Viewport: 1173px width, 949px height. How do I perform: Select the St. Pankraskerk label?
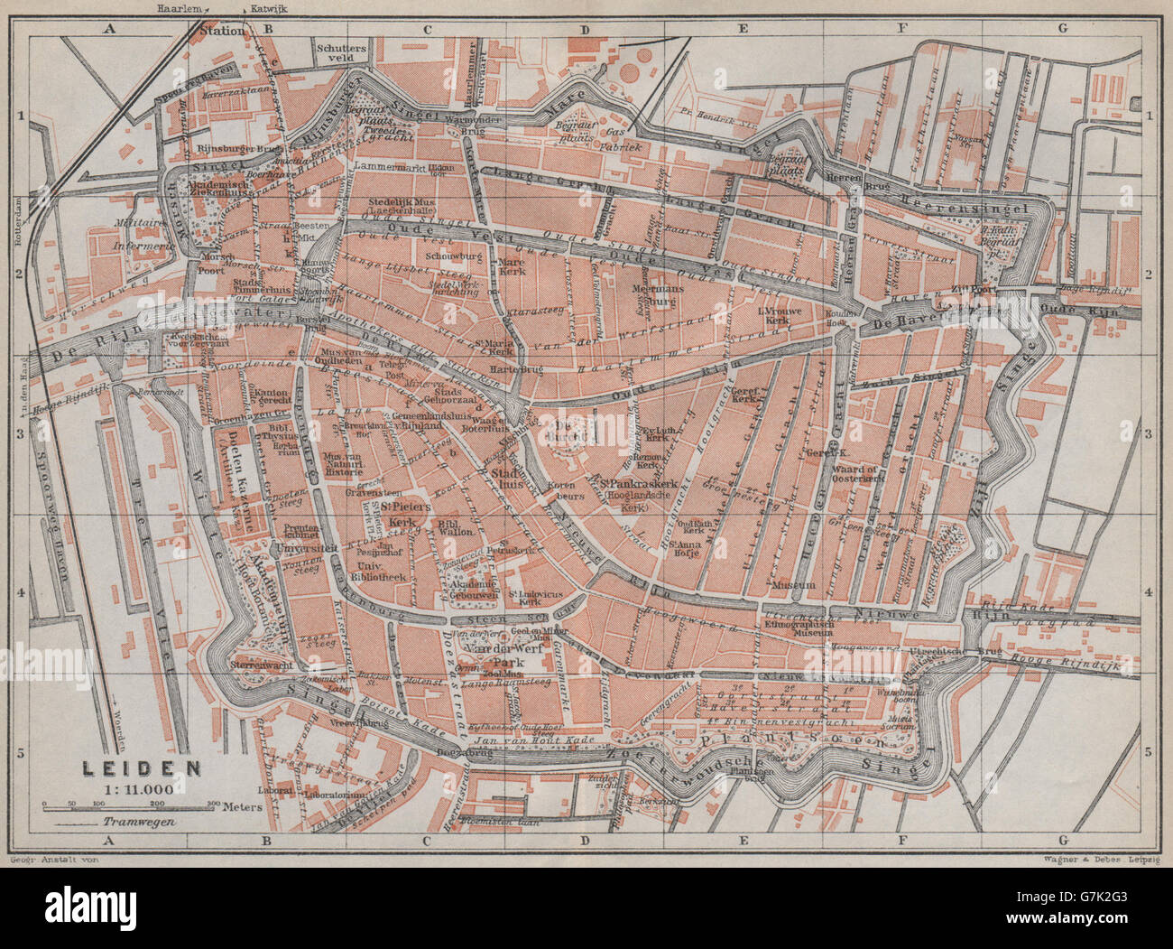(636, 486)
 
